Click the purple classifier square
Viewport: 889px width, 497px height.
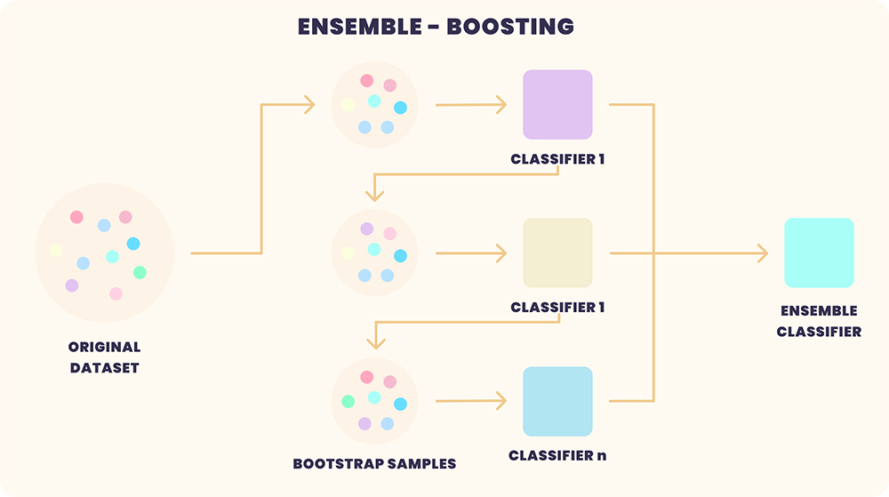coord(557,105)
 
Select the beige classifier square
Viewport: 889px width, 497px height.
coord(557,253)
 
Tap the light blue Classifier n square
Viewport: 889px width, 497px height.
coord(557,401)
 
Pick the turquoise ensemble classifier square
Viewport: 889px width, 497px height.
coord(819,253)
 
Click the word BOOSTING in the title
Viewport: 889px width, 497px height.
coord(510,27)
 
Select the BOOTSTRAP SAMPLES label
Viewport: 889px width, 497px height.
coord(374,463)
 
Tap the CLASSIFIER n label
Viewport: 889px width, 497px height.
coord(557,455)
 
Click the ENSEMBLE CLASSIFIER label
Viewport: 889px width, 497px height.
coord(819,321)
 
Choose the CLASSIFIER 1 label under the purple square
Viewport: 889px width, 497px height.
coord(557,160)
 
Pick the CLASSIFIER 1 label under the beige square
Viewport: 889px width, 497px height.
coord(557,308)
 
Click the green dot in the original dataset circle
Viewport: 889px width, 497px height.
coord(140,272)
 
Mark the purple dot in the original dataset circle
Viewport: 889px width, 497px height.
coord(72,285)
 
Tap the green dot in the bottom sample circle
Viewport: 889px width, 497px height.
coord(348,401)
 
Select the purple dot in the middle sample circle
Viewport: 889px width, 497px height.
coord(366,228)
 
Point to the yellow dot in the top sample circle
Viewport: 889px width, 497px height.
coord(348,105)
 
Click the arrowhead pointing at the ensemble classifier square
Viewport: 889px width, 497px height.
coord(762,253)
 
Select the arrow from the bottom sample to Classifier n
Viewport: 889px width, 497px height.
coord(470,401)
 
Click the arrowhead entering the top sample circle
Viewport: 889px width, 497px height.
coord(309,105)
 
